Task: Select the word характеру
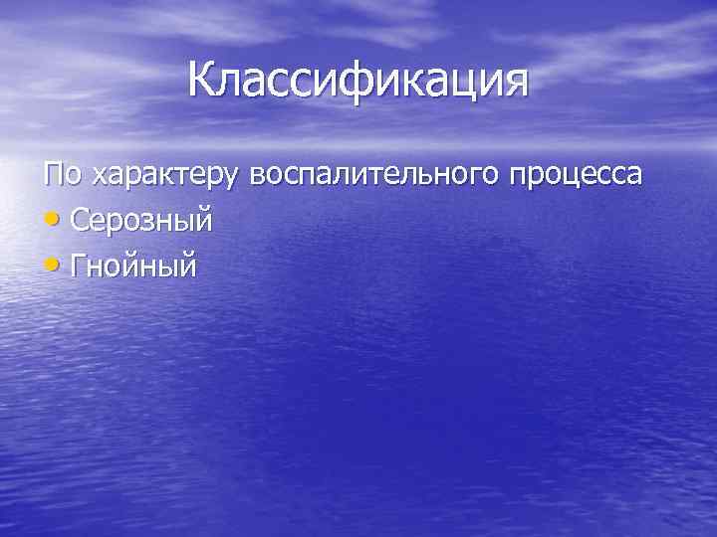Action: coord(164,176)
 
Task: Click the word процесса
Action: coord(576,176)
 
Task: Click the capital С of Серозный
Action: coord(82,220)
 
